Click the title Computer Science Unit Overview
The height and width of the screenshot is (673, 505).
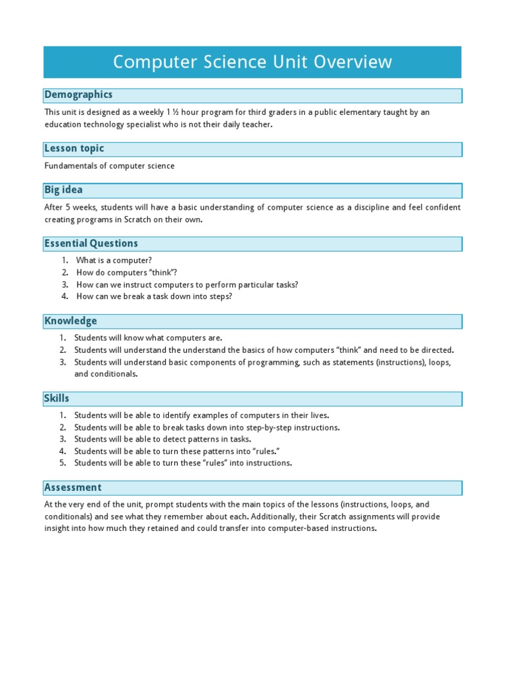(x=252, y=62)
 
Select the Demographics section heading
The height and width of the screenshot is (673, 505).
(x=78, y=95)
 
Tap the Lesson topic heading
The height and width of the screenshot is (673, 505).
(x=74, y=149)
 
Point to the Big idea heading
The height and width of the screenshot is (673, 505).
(x=64, y=190)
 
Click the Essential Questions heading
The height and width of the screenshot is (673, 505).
(x=91, y=244)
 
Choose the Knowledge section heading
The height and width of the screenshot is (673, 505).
(x=71, y=321)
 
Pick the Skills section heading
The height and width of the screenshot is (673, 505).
(x=57, y=398)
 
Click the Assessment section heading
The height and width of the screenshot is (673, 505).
(x=73, y=488)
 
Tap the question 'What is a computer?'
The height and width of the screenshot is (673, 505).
(x=114, y=261)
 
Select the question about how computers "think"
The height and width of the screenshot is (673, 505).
(x=127, y=273)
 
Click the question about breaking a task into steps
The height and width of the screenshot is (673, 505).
(x=154, y=296)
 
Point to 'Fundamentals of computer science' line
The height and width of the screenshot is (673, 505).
(x=110, y=166)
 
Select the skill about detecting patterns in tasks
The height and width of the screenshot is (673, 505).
(x=162, y=439)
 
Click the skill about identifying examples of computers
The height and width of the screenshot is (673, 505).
(x=201, y=415)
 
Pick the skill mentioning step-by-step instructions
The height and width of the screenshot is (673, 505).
(x=206, y=427)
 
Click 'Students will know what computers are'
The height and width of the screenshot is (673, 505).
(x=149, y=338)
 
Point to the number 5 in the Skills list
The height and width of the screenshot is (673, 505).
(x=63, y=463)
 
